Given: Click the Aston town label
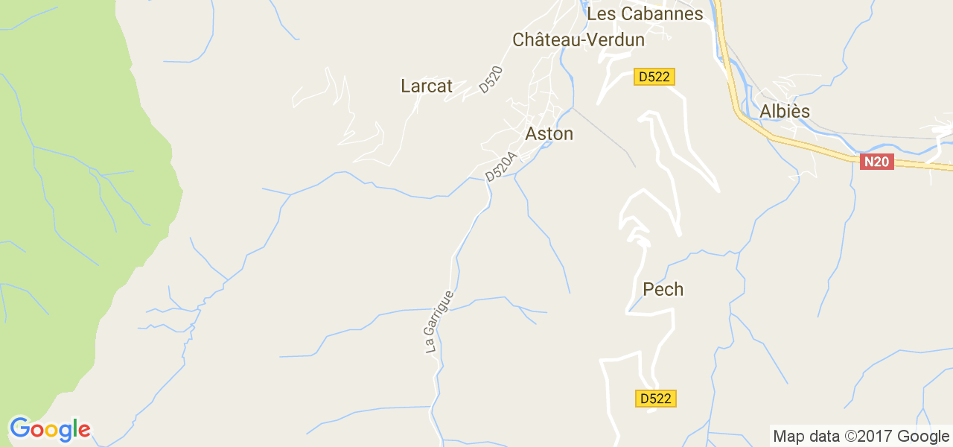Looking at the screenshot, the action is coord(549,134).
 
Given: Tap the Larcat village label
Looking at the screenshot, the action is coord(427,86).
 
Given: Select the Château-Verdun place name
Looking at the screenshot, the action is coord(579,40).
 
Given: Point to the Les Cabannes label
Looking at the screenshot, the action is coord(645,14).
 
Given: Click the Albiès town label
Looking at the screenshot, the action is coord(785,112).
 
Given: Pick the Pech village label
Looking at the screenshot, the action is coord(663,289).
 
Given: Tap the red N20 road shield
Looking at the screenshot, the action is coord(876,162).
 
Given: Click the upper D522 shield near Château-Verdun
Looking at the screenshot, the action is coord(654,77).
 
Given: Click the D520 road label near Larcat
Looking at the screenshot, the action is coord(491,80).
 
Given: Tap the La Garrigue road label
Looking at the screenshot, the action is coord(439,321).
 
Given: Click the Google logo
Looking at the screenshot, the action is coord(49,429).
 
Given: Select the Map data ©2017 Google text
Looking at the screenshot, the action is coord(861,437).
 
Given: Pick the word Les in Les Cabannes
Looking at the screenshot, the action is coord(600,14).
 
